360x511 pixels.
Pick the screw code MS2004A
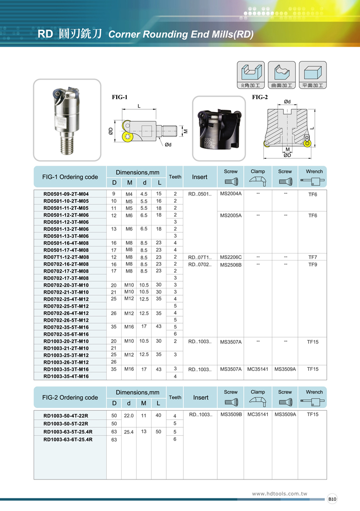point(231,194)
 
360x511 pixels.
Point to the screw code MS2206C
point(231,257)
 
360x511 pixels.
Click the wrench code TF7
point(312,257)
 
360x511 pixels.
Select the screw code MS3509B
point(231,415)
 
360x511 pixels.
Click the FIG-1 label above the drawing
point(120,97)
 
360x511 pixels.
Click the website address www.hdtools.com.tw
point(279,493)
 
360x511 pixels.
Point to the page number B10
point(332,498)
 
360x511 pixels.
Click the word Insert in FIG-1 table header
point(200,177)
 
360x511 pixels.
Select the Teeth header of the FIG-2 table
point(175,397)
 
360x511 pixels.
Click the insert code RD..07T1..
point(200,257)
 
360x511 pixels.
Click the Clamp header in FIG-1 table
point(258,171)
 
